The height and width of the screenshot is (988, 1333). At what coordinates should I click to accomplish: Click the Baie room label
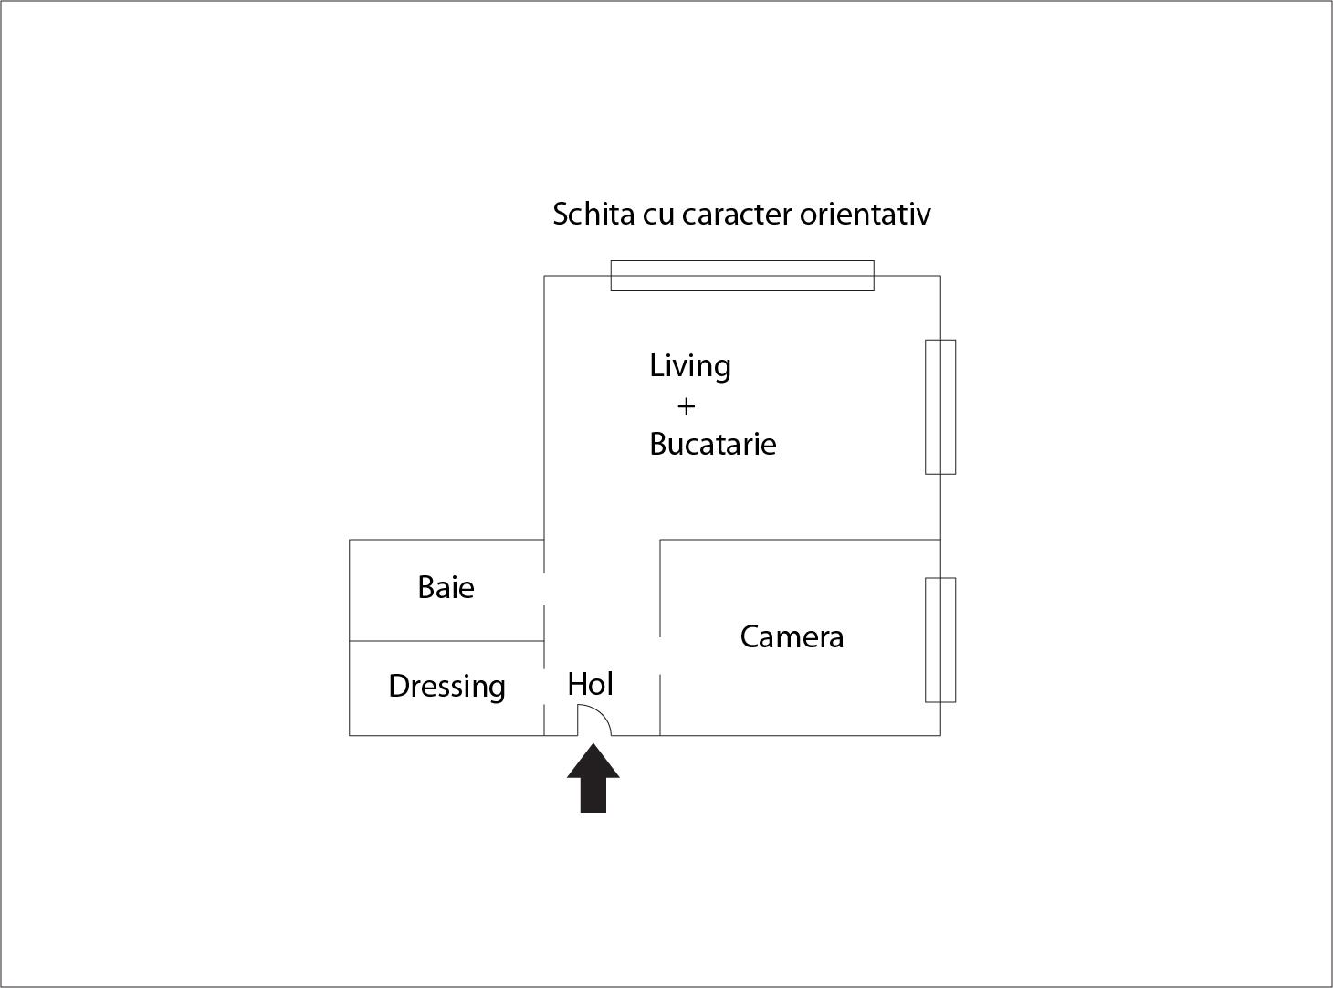click(446, 587)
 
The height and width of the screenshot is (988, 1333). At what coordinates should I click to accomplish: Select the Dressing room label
click(446, 686)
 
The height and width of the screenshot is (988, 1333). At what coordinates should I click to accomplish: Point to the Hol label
click(590, 684)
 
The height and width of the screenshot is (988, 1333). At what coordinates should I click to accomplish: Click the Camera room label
click(792, 636)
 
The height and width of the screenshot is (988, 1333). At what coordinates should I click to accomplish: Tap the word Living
click(690, 366)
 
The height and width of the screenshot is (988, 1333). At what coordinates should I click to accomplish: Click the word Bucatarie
click(712, 444)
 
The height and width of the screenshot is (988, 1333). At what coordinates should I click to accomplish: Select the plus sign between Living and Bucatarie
click(686, 405)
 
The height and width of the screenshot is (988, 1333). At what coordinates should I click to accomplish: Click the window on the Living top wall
click(741, 275)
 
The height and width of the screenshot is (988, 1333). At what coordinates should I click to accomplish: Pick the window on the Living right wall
click(940, 406)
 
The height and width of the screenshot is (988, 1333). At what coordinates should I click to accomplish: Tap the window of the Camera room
click(940, 639)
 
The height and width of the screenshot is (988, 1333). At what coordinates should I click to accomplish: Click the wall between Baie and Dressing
click(446, 641)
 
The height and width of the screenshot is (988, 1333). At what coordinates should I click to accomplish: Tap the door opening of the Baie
click(545, 589)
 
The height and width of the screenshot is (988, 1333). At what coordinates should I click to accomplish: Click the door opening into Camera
click(660, 655)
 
